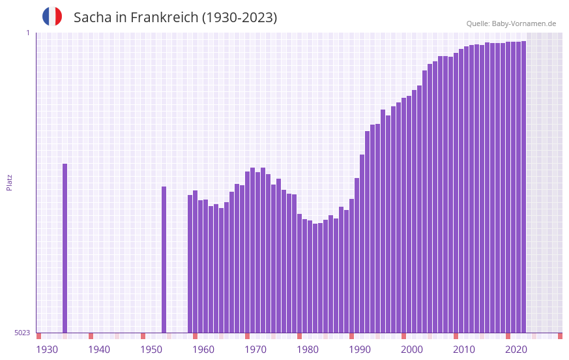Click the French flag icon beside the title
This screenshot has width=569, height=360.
(52, 16)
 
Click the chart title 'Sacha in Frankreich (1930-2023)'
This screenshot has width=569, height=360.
(175, 18)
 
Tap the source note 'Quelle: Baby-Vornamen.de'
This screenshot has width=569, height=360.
(511, 23)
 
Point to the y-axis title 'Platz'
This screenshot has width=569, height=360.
(9, 182)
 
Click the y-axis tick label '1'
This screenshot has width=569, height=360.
(27, 33)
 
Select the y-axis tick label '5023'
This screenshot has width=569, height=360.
(22, 333)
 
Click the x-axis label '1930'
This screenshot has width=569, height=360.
(47, 350)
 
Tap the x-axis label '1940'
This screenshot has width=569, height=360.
(99, 350)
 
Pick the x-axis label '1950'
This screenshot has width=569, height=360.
(151, 350)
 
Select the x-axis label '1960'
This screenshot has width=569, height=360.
(203, 350)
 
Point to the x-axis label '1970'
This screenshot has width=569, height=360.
(255, 350)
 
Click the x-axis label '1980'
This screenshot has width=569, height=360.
(308, 350)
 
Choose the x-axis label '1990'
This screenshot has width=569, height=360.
(360, 350)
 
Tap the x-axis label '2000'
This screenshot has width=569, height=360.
(412, 350)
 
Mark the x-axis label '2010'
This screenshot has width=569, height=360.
(464, 350)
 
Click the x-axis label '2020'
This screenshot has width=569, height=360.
(516, 350)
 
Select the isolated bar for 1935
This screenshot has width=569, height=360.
(65, 248)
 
